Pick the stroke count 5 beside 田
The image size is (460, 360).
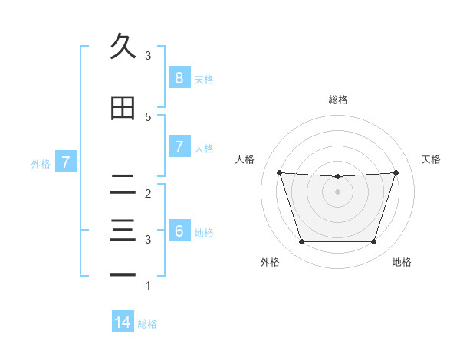tap(147, 117)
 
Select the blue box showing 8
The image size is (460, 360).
tap(179, 78)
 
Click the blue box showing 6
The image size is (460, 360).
tap(179, 231)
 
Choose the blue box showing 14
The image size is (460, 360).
tap(123, 323)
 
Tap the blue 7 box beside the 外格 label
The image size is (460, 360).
tap(66, 162)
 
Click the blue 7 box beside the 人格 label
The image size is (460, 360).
tap(179, 147)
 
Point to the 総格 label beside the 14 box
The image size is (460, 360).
tap(147, 324)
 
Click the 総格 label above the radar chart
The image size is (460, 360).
tap(337, 100)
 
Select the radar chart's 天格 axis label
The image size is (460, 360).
tap(432, 159)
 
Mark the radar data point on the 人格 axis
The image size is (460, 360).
tap(279, 173)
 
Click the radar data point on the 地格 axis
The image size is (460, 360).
tap(373, 242)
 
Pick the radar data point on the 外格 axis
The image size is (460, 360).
tap(301, 242)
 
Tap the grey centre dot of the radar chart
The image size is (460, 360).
tap(337, 191)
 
